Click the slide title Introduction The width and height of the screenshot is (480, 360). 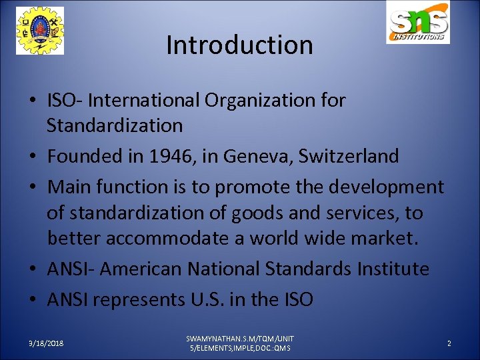(239, 45)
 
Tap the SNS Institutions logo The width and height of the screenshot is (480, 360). (418, 23)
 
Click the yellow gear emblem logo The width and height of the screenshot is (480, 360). (40, 31)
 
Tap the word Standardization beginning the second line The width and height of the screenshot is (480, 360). (115, 125)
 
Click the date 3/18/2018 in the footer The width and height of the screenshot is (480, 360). (46, 343)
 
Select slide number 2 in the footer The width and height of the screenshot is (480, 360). (449, 343)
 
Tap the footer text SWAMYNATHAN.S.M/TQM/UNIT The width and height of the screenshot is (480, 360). (240, 339)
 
